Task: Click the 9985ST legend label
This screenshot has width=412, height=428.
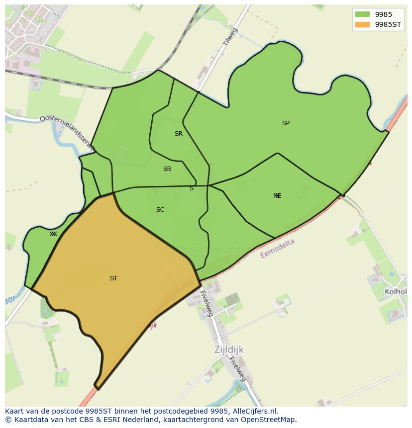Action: (388, 24)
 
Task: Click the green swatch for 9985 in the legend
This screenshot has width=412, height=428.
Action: (362, 14)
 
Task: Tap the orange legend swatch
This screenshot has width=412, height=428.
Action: (362, 24)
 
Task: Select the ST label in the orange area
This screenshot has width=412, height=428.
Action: (113, 278)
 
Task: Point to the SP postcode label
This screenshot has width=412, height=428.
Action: (286, 123)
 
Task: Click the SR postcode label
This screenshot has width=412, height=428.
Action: (179, 134)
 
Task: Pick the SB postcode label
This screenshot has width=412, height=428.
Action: (167, 169)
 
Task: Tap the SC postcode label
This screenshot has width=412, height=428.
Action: (160, 210)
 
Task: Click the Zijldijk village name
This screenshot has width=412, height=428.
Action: (229, 349)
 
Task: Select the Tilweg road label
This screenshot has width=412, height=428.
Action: (230, 38)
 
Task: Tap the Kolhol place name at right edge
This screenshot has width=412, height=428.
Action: (396, 291)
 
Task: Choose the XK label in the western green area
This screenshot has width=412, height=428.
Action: (53, 234)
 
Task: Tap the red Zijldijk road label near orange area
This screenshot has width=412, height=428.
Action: (146, 325)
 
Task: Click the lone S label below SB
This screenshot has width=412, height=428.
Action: (192, 188)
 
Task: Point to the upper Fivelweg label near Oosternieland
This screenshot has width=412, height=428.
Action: (206, 302)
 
